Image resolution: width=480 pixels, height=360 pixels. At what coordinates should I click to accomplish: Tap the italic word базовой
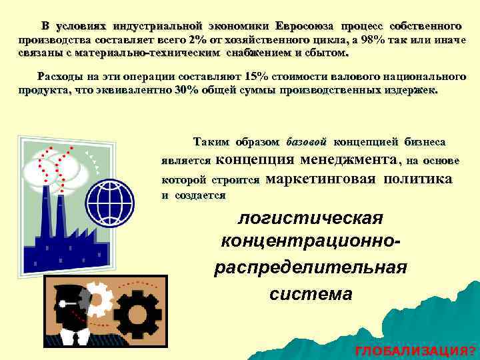306,142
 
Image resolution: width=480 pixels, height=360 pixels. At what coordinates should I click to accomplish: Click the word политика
417,179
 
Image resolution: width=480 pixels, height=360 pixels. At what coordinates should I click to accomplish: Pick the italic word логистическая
311,218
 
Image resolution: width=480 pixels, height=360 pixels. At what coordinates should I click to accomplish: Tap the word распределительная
310,267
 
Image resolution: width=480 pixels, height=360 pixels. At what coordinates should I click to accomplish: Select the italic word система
311,293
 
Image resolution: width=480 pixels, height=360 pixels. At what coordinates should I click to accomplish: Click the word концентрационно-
311,243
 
